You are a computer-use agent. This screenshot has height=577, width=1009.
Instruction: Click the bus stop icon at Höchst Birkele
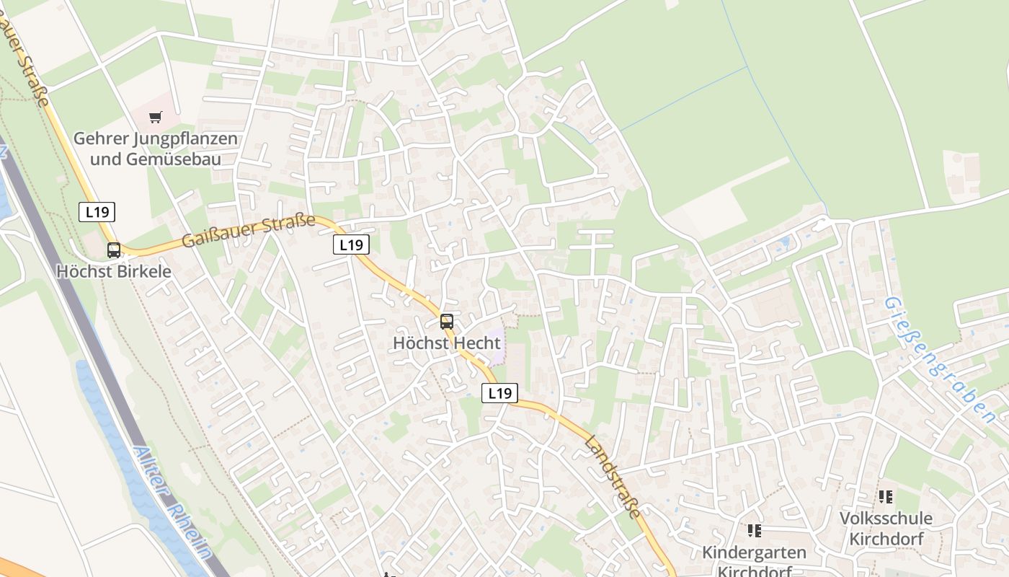[114, 250]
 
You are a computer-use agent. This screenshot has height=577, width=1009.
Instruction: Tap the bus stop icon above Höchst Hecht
[447, 322]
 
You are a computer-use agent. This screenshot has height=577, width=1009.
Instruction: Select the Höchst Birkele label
[114, 272]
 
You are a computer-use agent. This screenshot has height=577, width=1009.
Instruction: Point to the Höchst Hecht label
[447, 343]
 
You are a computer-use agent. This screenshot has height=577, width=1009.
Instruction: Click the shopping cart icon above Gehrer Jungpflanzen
[156, 117]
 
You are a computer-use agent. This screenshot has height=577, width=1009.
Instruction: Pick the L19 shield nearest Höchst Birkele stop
[97, 212]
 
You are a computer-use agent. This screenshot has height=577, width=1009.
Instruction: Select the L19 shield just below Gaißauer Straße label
[352, 245]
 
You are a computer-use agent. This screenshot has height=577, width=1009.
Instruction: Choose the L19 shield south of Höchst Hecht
[499, 393]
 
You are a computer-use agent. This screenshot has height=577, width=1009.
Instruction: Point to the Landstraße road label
[613, 476]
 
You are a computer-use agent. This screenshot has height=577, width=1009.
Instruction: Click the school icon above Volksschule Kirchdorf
[886, 497]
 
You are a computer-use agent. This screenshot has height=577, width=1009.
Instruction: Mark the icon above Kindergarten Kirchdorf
[755, 532]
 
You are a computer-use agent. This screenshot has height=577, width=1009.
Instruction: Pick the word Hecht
[476, 343]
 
